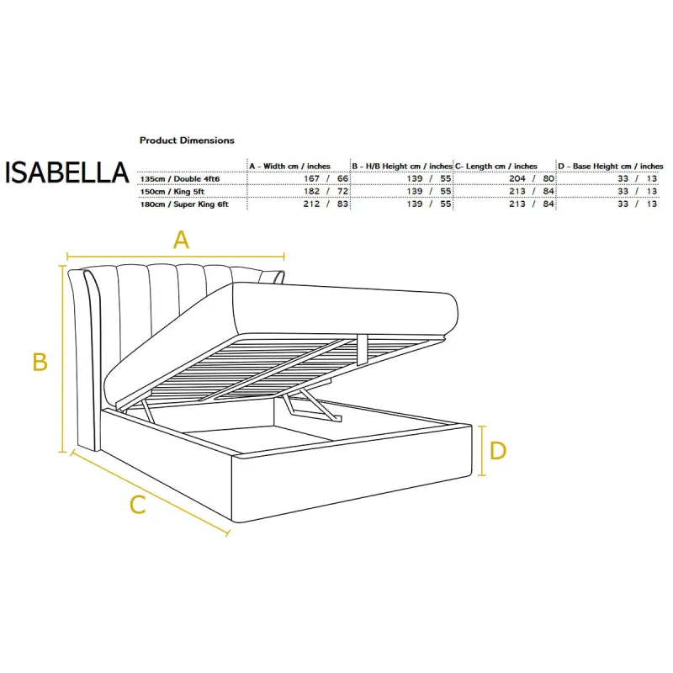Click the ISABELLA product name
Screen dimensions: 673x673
(67, 172)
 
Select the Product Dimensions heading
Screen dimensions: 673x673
(187, 140)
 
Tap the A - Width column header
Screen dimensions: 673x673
(289, 166)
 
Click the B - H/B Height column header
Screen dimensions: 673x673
(402, 166)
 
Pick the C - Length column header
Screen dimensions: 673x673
(496, 166)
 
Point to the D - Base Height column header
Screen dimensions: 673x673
(611, 166)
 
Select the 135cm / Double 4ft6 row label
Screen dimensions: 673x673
(180, 178)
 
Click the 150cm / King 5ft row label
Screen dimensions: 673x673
(172, 192)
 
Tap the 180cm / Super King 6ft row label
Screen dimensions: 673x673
(184, 204)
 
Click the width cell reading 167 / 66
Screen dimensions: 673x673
(326, 178)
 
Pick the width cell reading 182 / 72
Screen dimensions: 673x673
(326, 192)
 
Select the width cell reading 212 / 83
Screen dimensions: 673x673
(326, 204)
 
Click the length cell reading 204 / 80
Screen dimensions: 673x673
(532, 178)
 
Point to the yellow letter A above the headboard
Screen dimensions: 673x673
(181, 240)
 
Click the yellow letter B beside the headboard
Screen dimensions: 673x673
(40, 362)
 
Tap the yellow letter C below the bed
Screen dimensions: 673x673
(138, 505)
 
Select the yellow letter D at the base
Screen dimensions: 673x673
(498, 451)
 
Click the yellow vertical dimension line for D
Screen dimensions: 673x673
(482, 451)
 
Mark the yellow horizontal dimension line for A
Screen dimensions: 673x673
(176, 257)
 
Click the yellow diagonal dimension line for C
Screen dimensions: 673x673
(151, 493)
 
